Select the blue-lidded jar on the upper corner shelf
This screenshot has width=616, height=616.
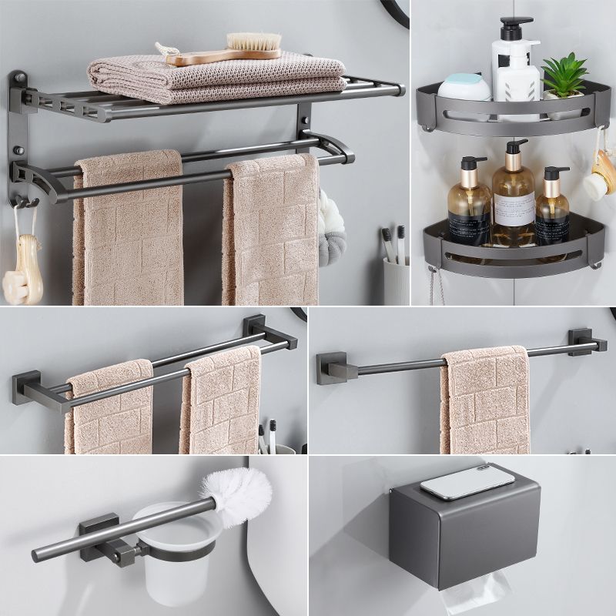[x=464, y=86]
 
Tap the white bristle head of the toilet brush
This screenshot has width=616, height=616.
[x=237, y=489]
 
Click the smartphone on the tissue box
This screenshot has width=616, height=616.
[x=467, y=481]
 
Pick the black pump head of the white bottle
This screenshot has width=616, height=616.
[x=516, y=26]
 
